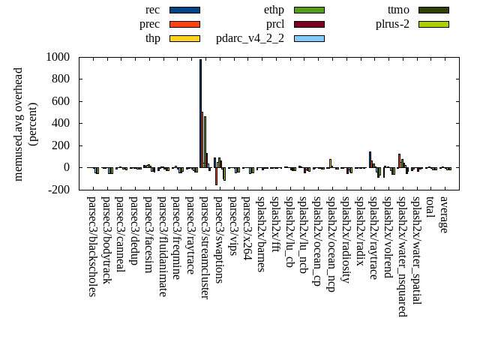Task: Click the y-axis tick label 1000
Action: (x=57, y=57)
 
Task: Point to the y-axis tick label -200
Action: (x=57, y=190)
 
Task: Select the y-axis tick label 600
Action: (x=60, y=101)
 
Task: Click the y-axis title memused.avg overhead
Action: (x=19, y=124)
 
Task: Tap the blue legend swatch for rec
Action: (x=184, y=10)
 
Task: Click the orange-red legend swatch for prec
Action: (x=184, y=24)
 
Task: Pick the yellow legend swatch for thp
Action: (x=184, y=37)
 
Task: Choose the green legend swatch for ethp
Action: (x=309, y=10)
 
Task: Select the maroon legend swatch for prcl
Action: (x=309, y=24)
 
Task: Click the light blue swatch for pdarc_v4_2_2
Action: (x=309, y=37)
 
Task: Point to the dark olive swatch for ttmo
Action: (x=433, y=10)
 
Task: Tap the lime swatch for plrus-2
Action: (x=433, y=24)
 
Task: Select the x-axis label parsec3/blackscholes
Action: (x=91, y=246)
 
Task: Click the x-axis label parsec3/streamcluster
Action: (x=204, y=247)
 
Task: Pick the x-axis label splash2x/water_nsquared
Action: (x=402, y=256)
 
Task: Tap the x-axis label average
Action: (x=444, y=214)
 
